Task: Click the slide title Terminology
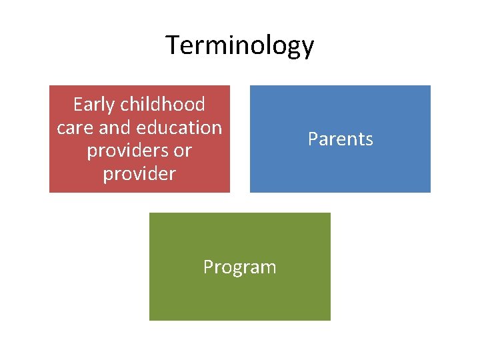[x=239, y=46]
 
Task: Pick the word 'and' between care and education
[x=115, y=127]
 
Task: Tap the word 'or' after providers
[x=182, y=151]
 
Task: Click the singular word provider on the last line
[x=139, y=175]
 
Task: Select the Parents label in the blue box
[x=340, y=139]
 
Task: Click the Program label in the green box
[x=239, y=267]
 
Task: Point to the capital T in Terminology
[x=173, y=45]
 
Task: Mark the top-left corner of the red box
[x=50, y=86]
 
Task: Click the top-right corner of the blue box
[x=430, y=86]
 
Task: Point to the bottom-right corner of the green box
[x=330, y=320]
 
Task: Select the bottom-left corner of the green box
[x=149, y=320]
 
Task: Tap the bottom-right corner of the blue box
[x=430, y=192]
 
